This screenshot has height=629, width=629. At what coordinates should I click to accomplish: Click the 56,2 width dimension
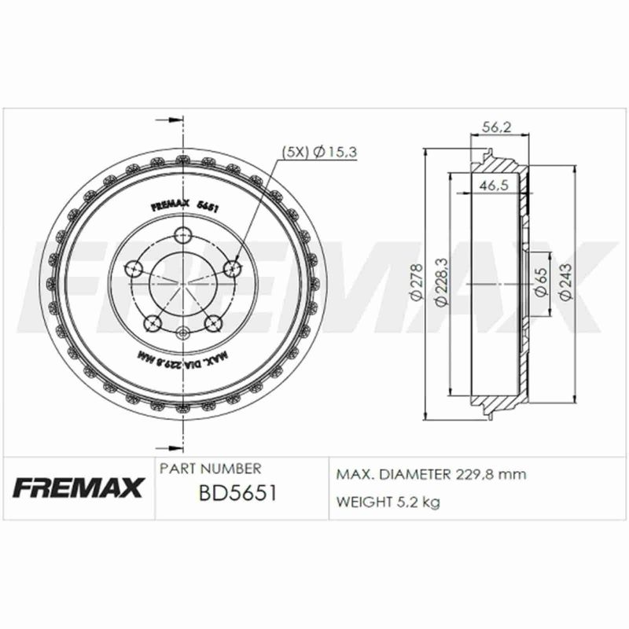(497, 127)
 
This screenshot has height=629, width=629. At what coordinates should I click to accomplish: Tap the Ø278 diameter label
(417, 282)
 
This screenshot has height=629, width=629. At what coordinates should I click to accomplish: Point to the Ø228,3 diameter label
(441, 282)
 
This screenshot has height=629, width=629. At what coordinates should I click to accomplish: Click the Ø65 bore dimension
(541, 282)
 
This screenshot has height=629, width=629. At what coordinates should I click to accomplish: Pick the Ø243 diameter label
(565, 281)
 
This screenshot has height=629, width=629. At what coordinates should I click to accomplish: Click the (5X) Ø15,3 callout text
(319, 152)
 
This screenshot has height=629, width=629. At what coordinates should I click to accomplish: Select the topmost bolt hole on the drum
(182, 234)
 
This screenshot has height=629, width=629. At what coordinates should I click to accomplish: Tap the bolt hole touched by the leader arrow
(232, 267)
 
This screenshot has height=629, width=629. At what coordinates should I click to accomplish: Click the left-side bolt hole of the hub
(134, 267)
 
